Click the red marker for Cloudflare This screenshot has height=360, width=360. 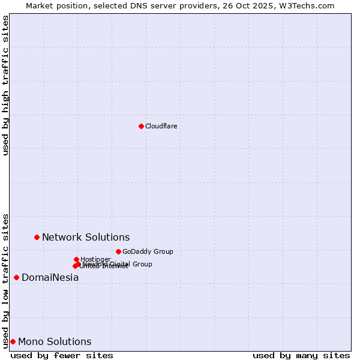(x=141, y=126)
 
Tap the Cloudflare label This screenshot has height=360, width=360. (x=161, y=126)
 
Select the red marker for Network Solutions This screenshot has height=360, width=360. (x=37, y=237)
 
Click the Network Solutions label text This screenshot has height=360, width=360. (x=86, y=237)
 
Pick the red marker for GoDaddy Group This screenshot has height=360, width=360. (x=118, y=251)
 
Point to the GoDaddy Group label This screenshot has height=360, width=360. (x=148, y=251)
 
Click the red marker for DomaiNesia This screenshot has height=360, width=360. (x=16, y=277)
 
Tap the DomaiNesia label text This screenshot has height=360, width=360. (x=50, y=277)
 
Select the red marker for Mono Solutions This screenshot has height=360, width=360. (x=13, y=341)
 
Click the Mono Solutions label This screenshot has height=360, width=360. (x=55, y=341)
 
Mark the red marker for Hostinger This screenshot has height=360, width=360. (x=76, y=259)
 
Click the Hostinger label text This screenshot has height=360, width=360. (x=95, y=259)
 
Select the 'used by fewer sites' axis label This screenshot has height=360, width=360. (x=62, y=355)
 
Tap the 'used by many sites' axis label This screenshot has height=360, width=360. (x=301, y=355)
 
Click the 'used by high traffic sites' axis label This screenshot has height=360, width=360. (x=5, y=85)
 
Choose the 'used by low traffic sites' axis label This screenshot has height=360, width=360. (x=5, y=280)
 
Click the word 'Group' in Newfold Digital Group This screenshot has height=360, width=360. (x=142, y=264)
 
